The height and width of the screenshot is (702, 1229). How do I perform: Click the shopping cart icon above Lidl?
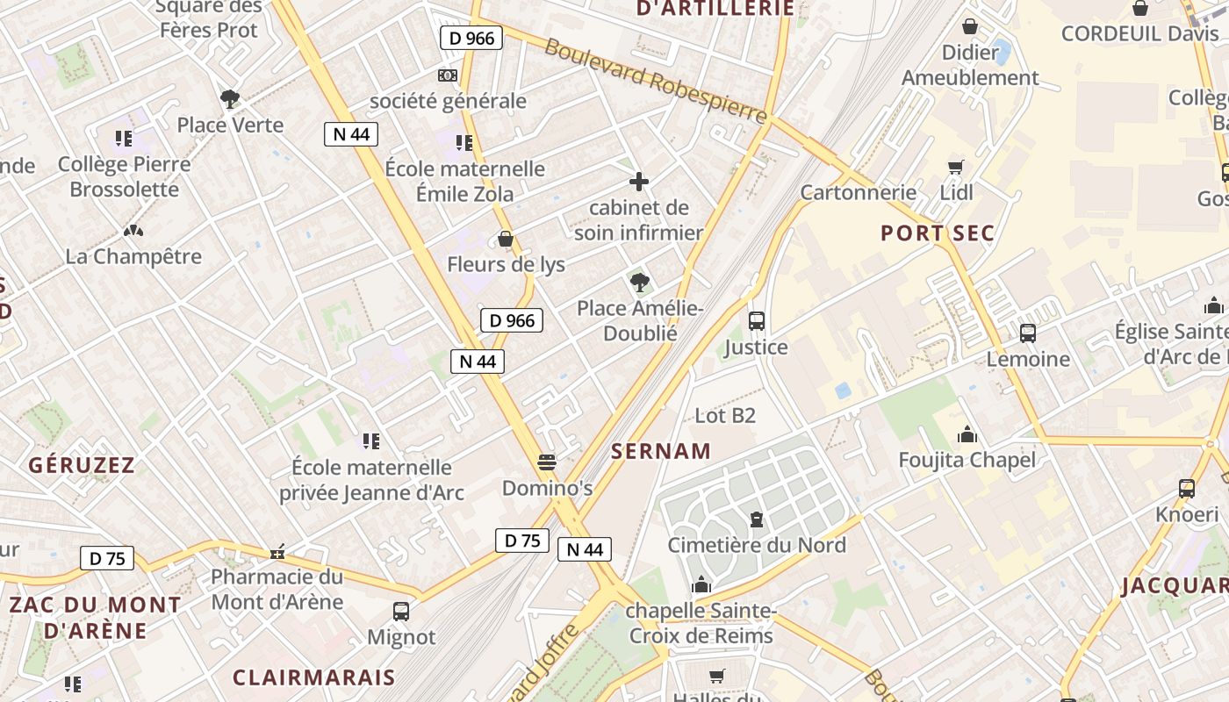(x=956, y=167)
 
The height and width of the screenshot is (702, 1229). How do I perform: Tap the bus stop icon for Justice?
(x=757, y=321)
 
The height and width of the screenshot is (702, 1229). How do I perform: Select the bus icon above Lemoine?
(x=1028, y=333)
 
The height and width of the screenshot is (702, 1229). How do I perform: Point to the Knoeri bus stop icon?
(x=1187, y=489)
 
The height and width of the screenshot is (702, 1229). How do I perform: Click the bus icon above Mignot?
(x=401, y=612)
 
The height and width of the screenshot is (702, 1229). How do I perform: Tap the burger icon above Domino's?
(x=547, y=462)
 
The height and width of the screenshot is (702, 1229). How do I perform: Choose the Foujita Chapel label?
(x=967, y=460)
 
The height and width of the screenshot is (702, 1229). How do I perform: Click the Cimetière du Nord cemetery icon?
(x=757, y=519)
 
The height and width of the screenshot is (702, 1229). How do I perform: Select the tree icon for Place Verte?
(x=230, y=99)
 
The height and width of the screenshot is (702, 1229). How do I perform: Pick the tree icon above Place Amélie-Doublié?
(x=640, y=283)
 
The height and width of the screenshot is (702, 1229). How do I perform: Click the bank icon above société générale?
(x=448, y=75)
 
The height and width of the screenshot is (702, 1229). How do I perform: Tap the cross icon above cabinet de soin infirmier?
(x=639, y=183)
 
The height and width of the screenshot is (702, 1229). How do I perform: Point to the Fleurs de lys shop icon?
(x=506, y=239)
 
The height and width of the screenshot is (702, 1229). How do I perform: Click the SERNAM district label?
(x=661, y=451)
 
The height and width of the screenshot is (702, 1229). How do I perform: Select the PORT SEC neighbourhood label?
(x=938, y=233)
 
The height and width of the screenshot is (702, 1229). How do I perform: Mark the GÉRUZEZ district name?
(x=83, y=465)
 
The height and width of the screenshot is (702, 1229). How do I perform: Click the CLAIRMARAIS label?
(x=314, y=677)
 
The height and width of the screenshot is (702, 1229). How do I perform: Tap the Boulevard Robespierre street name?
(x=655, y=80)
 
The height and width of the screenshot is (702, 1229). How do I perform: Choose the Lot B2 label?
(x=725, y=415)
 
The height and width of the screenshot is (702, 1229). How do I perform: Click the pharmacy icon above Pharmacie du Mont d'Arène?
(x=277, y=553)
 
